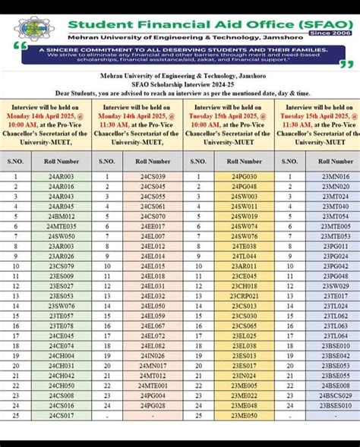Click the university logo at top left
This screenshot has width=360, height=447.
(x=33, y=27)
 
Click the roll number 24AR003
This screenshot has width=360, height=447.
(x=62, y=176)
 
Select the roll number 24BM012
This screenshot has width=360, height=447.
(x=62, y=216)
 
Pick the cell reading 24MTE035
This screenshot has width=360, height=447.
(x=62, y=226)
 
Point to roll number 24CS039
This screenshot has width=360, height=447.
(x=153, y=176)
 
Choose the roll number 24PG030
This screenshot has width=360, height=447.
(x=244, y=176)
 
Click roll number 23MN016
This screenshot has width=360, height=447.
(x=335, y=176)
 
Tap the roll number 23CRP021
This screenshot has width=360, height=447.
(x=244, y=296)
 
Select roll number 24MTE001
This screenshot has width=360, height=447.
(x=153, y=385)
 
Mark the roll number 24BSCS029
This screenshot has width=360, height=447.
(x=335, y=395)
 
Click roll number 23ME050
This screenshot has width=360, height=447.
(x=244, y=415)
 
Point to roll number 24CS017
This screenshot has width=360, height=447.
(x=62, y=415)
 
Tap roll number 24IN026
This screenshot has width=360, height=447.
(x=153, y=355)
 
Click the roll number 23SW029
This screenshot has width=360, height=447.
(x=335, y=286)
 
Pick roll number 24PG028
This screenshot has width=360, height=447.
(x=153, y=405)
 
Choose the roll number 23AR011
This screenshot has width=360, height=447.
(x=244, y=266)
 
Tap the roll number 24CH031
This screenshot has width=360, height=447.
(x=62, y=365)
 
